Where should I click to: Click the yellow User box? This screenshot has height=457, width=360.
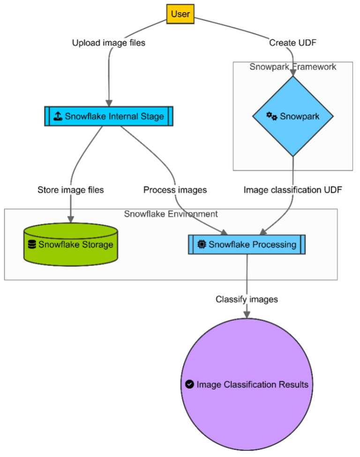tap(180, 14)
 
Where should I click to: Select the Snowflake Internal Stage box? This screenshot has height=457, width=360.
tap(109, 116)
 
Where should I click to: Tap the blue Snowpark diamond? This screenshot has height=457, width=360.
tap(293, 116)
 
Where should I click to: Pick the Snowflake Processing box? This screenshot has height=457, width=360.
tap(247, 244)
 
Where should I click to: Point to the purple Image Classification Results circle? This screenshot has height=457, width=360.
tap(247, 385)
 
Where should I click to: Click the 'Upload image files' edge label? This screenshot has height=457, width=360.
tap(108, 43)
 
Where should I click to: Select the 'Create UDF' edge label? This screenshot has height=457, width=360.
tap(292, 43)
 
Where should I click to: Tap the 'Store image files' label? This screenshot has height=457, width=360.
tap(70, 190)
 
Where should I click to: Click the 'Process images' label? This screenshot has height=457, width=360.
tap(175, 190)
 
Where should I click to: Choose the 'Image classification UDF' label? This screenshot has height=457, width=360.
tap(292, 190)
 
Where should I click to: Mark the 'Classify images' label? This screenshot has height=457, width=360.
tap(247, 299)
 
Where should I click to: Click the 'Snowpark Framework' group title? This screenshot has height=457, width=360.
tap(292, 67)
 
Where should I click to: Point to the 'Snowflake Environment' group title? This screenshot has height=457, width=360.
tap(171, 214)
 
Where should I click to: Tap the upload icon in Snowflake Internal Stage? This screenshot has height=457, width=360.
tap(58, 116)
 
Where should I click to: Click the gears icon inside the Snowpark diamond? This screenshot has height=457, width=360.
tap(272, 116)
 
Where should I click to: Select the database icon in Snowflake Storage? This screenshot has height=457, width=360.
tap(32, 244)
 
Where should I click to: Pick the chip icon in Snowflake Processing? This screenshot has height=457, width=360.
tap(202, 244)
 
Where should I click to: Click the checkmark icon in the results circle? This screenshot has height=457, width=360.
tap(189, 385)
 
